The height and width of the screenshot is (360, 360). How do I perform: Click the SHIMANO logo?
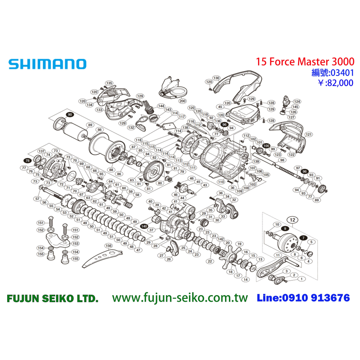(47, 64)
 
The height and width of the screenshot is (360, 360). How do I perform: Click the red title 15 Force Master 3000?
(305, 62)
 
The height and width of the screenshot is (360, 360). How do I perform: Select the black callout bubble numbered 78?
(27, 160)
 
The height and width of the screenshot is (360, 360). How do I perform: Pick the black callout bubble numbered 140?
(144, 226)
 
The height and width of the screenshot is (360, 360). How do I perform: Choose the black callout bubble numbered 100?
(266, 145)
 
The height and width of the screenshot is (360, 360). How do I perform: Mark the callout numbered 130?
(216, 78)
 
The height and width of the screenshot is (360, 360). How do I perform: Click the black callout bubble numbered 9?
(284, 229)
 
